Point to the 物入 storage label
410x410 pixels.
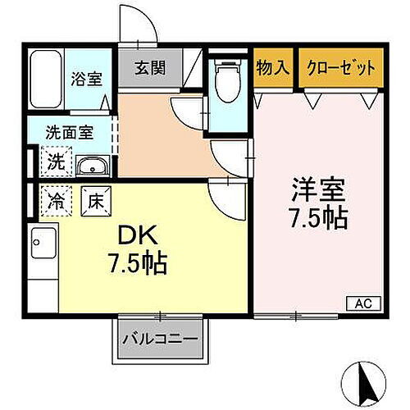click(273, 66)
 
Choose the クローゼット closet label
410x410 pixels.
click(339, 66)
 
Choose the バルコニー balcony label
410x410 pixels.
click(162, 339)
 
